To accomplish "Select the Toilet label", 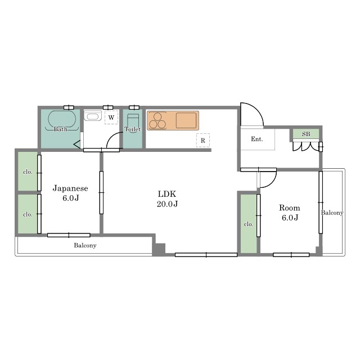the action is point(133,129).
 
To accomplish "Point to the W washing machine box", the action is point(111,118).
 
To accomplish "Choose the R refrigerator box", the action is point(203,140).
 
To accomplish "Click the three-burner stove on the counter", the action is point(157,120).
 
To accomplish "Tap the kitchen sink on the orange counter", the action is point(186,120).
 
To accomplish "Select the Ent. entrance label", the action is point(257,139).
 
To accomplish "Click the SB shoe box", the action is point(306,134).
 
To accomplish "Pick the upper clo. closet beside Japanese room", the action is point(28,172).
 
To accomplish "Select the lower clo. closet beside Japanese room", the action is point(28,214).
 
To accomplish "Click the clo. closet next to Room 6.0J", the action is point(249,224).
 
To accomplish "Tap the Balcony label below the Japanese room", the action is point(85,245).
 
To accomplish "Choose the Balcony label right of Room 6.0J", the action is point(332,213).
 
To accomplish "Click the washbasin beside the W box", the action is point(93,116).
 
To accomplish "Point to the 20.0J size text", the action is point(167,204).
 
